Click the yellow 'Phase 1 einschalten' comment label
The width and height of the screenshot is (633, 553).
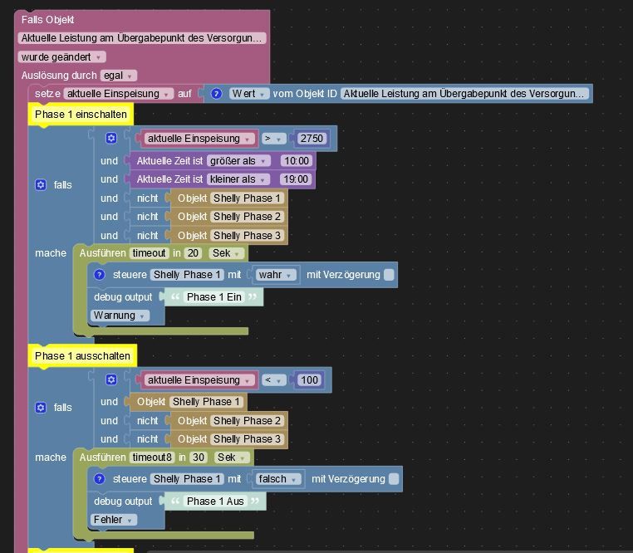click(81, 115)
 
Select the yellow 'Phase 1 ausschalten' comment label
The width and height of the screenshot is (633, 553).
click(82, 356)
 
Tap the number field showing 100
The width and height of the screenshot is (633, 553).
click(309, 380)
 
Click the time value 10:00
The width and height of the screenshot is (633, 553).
click(295, 161)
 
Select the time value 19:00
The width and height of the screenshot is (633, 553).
click(295, 179)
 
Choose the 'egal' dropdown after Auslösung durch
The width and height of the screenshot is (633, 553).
click(119, 76)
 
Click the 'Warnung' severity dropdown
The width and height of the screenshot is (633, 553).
click(120, 316)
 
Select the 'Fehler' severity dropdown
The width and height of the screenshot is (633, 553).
click(114, 520)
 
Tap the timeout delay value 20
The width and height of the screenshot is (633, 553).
click(193, 253)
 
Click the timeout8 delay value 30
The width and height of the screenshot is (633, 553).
click(198, 458)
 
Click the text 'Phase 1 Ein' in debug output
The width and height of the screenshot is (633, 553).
click(213, 297)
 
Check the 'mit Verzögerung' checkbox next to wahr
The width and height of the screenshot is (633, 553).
click(389, 275)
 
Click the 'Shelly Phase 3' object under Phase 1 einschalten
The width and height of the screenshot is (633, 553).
click(247, 236)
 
